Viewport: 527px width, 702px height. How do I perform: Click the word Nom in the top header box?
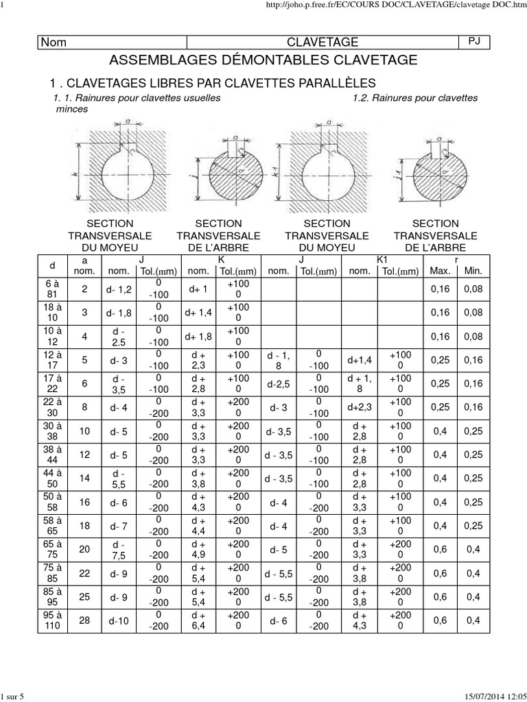[x=55, y=43]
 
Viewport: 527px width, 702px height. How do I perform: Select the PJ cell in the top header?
[x=473, y=42]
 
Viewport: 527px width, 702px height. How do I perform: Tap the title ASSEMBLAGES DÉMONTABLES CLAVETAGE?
[x=263, y=60]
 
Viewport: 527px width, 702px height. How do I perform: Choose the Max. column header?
[x=440, y=271]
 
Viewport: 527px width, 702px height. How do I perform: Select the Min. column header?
[x=473, y=271]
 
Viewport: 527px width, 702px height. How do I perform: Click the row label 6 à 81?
[x=52, y=289]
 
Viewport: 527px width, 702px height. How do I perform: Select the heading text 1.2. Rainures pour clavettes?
[x=415, y=98]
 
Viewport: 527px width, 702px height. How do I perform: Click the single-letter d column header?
[x=52, y=265]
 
